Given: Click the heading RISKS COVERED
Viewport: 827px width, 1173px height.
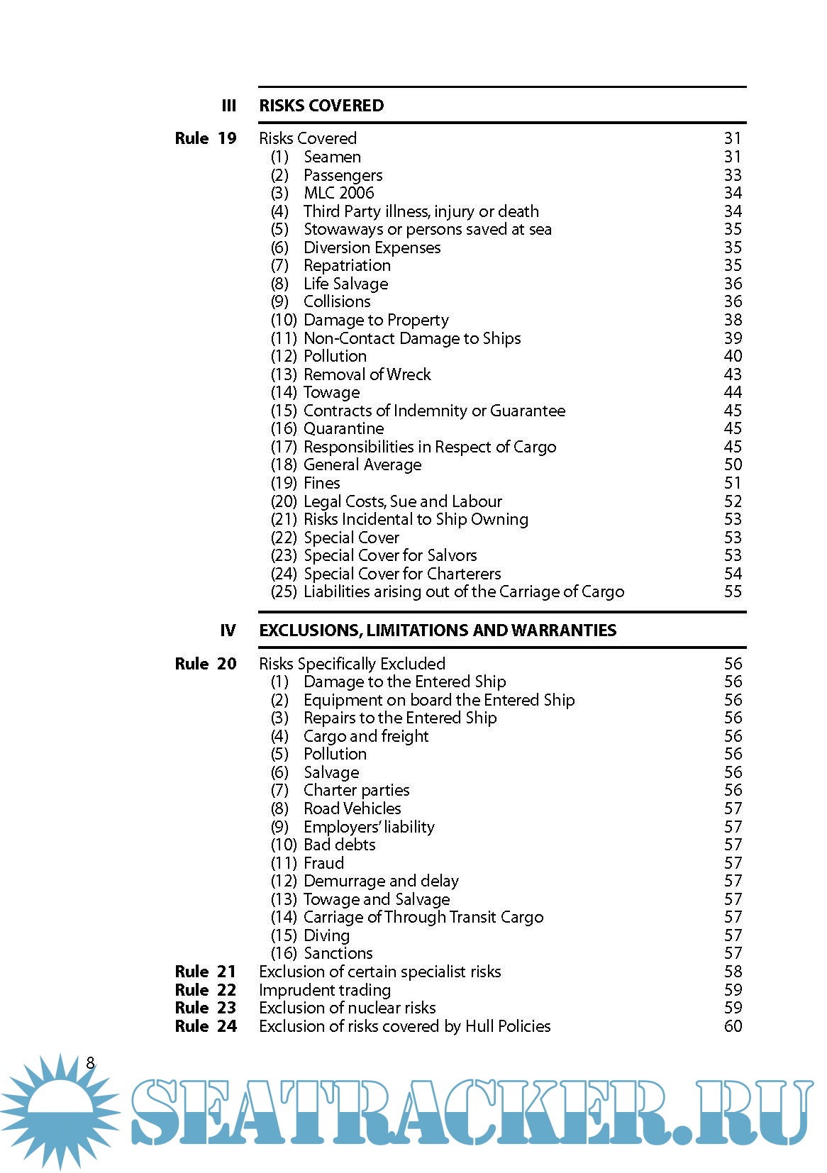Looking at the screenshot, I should click(321, 106).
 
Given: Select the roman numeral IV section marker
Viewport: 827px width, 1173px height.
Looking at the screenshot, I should click(228, 630).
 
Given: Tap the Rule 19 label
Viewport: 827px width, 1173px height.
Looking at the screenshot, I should click(205, 138).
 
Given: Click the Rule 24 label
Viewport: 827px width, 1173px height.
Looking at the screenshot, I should click(205, 1026).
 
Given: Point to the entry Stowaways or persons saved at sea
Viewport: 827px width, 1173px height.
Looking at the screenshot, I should click(427, 229).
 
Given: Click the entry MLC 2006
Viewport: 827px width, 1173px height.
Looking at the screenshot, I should click(338, 193).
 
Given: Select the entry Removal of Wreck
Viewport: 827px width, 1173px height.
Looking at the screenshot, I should click(367, 374).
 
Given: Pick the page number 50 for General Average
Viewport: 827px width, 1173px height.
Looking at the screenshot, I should click(733, 465).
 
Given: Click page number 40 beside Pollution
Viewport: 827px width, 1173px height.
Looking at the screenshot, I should click(733, 356).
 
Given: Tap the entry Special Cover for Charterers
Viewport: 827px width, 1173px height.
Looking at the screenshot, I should click(401, 574).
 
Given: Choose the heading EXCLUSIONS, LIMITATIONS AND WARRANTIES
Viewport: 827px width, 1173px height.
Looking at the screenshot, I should click(438, 630).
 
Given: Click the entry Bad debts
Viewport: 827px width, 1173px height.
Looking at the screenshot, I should click(339, 845).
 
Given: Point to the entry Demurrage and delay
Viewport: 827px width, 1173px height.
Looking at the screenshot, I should click(381, 881).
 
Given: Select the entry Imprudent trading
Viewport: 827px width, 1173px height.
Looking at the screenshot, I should click(325, 990).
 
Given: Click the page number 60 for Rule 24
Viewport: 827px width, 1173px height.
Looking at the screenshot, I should click(733, 1026).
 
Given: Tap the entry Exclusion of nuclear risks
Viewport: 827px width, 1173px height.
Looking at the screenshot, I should click(347, 1008).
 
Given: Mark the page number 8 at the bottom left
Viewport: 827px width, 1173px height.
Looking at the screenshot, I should click(90, 1062).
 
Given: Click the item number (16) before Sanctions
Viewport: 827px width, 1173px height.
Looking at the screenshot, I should click(284, 953).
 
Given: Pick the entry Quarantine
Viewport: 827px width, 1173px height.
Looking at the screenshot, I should click(343, 428).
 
